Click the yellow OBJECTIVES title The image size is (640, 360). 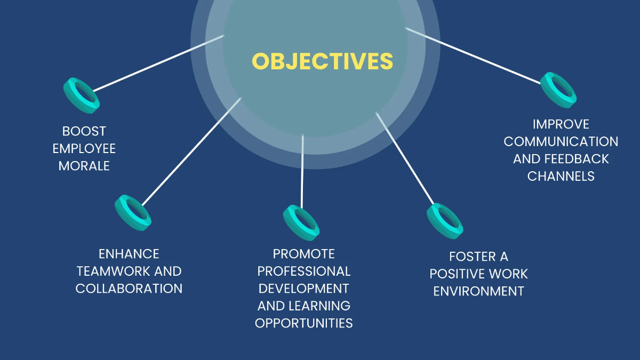point(322,61)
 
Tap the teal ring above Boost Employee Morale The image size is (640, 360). point(82,95)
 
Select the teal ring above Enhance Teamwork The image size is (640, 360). point(133,213)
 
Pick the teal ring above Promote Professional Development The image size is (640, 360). point(301,222)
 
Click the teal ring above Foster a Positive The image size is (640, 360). point(445,221)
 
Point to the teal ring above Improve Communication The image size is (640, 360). point(558,90)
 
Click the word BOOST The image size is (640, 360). point(84,131)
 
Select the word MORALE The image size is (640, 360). point(84,166)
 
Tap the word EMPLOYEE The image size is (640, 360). point(84,148)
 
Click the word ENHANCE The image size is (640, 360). point(129,254)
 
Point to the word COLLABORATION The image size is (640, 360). point(129,289)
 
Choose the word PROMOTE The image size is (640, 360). point(304,254)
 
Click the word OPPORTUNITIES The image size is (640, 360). point(304,323)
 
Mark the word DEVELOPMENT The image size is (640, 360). point(304,289)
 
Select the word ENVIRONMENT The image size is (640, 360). point(478,291)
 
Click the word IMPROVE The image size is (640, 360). point(561,124)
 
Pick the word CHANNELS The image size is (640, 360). point(561,176)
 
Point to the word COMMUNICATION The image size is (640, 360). point(561,141)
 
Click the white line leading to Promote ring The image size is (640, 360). point(302,171)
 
